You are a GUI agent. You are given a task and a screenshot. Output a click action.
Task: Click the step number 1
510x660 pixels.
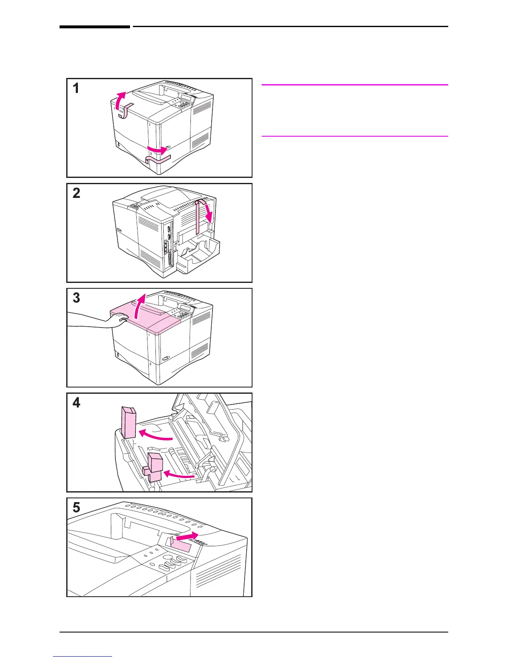click(76, 88)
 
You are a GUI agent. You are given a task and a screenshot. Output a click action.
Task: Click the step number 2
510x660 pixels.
click(76, 193)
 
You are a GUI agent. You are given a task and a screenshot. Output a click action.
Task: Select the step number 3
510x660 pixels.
click(76, 298)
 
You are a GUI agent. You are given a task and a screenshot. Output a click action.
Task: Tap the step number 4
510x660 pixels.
click(76, 403)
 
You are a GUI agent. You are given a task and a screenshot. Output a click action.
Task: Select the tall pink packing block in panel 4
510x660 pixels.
click(128, 422)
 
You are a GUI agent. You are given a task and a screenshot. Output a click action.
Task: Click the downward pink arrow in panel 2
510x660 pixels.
click(210, 212)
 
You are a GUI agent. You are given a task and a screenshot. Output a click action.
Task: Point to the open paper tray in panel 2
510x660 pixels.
click(198, 254)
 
